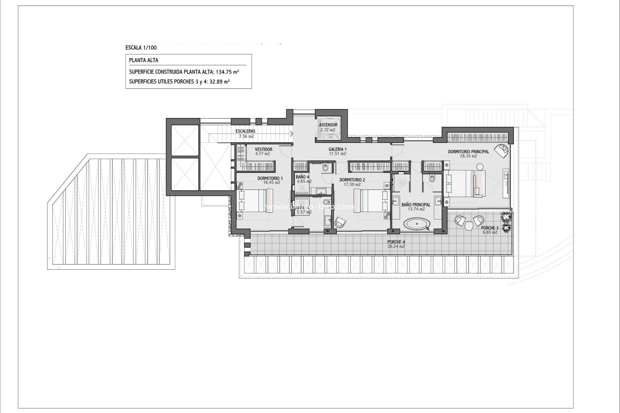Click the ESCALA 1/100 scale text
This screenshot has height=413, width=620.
141,48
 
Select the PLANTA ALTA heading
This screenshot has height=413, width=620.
144,60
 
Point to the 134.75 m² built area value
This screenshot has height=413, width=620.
227,72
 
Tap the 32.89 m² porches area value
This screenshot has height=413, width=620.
218,82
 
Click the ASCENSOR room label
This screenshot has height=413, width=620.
328,125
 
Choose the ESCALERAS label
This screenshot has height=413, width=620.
245,131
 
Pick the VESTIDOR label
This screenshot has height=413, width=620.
263,149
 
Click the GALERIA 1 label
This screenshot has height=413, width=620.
337,149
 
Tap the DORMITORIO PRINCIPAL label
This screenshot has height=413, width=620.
468,152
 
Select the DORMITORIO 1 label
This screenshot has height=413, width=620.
270,178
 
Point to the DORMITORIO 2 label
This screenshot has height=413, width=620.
352,180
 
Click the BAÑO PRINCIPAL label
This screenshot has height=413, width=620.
416,205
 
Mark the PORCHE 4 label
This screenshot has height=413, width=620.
396,242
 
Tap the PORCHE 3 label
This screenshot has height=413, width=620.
490,228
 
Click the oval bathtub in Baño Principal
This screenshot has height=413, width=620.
417,223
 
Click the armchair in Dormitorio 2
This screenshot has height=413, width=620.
340,222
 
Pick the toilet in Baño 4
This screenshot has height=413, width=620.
325,167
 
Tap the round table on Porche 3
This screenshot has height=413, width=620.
469,227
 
